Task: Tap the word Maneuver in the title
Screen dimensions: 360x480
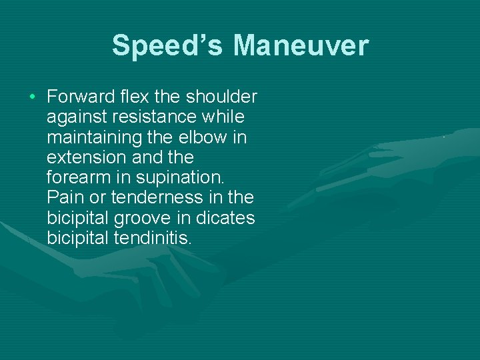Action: point(301,46)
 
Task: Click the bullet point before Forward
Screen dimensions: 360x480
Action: point(33,97)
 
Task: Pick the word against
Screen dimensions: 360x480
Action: point(73,117)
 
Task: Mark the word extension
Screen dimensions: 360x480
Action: point(85,157)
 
